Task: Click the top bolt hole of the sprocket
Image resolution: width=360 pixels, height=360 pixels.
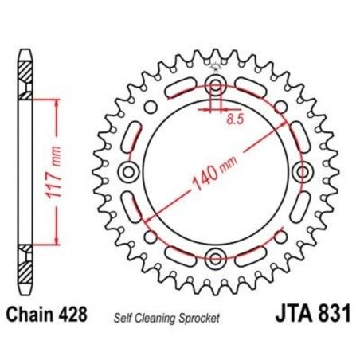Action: [216, 86]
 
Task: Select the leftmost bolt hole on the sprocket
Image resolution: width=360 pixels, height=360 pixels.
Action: [127, 173]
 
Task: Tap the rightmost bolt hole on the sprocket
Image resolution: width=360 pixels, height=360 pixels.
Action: [303, 173]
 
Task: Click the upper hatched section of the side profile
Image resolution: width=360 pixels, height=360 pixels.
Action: [26, 75]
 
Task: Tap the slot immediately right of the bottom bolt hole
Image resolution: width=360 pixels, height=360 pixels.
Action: [246, 255]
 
